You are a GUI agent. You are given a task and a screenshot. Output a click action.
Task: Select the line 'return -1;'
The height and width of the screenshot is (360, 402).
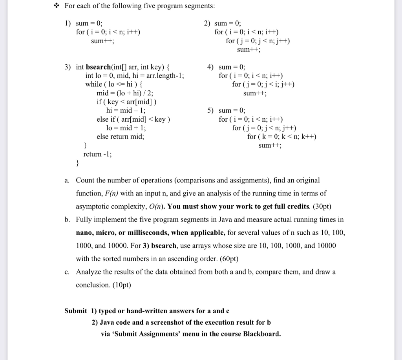pos(97,154)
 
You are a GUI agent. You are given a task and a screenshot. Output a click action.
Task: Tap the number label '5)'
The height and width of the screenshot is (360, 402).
pos(210,111)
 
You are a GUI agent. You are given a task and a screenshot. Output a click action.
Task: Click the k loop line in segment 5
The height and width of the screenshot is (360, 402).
pos(282,137)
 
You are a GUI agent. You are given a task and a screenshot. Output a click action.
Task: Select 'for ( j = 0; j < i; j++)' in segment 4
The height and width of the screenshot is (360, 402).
pos(263,84)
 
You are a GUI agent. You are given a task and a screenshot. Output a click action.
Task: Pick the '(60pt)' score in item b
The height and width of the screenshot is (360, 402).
pos(227,259)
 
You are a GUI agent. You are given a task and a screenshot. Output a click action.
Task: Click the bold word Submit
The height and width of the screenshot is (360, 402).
pos(75,311)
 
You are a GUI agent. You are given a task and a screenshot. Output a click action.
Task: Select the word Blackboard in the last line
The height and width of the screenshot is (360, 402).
pos(261,334)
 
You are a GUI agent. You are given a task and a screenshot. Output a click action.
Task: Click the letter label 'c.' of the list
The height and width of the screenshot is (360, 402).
pos(67,272)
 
